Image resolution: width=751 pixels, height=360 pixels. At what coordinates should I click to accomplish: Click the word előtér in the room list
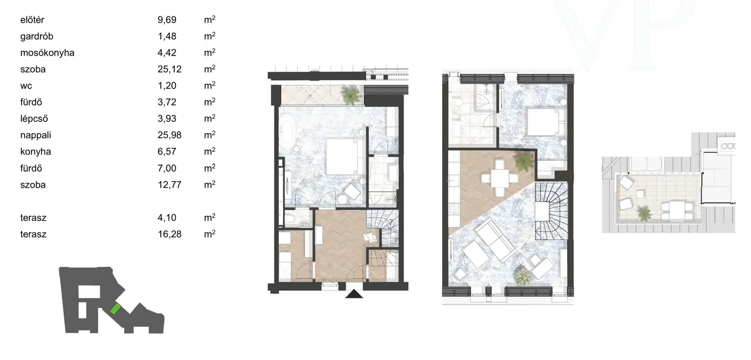(x=32, y=20)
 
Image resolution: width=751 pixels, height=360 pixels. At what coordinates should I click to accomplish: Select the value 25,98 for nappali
(x=169, y=135)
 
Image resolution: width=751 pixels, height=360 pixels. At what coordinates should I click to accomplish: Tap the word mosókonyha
(x=47, y=53)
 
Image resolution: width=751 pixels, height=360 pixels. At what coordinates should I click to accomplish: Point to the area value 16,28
(x=169, y=234)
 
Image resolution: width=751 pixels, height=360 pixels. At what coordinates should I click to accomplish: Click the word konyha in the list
(x=36, y=152)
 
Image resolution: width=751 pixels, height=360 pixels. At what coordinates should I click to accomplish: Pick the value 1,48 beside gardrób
(x=167, y=36)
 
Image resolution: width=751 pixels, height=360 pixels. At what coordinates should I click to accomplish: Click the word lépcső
(x=34, y=119)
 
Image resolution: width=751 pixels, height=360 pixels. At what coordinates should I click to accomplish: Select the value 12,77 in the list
(x=169, y=185)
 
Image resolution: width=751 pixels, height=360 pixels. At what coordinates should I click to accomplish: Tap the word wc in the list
(x=26, y=86)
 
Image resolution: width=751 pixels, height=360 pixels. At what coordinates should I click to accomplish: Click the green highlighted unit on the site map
(x=115, y=309)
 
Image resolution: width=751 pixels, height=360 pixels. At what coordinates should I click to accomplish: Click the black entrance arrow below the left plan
(x=354, y=294)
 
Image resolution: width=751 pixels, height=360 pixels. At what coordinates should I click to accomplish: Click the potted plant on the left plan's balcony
(x=351, y=95)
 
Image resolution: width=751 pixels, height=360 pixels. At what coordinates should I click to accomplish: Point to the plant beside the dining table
(x=524, y=161)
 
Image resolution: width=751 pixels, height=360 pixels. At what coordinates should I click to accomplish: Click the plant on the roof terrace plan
(x=644, y=213)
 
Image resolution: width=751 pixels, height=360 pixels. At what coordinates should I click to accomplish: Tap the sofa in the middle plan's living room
(x=497, y=239)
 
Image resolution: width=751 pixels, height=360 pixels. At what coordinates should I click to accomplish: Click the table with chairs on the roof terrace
(x=677, y=210)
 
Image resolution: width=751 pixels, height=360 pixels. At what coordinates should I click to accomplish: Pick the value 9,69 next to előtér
(x=167, y=20)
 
